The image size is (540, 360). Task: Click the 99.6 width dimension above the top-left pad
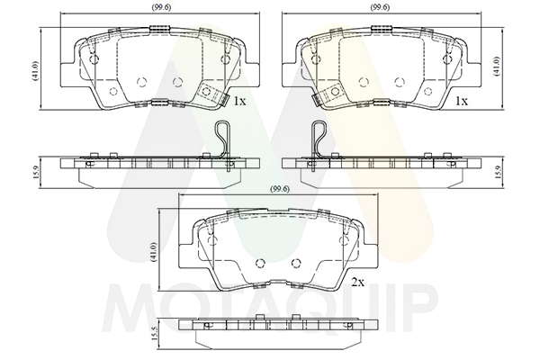(161, 7)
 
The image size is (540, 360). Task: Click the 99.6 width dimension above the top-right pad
(380, 7)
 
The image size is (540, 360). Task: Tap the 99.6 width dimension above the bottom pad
(280, 189)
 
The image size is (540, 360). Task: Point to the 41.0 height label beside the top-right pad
(496, 66)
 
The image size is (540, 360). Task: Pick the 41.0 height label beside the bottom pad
(154, 252)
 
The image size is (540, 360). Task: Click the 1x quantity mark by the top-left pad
(239, 101)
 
